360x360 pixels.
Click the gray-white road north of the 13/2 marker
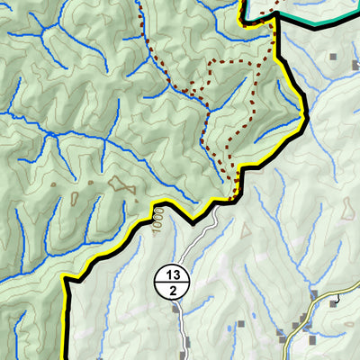click(x=193, y=243)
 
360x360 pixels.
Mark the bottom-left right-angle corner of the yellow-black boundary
click(x=66, y=281)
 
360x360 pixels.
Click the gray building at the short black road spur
click(x=334, y=302)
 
